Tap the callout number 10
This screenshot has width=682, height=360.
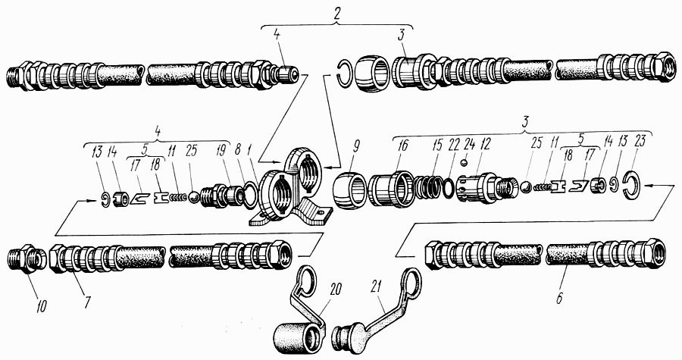coord(42,306)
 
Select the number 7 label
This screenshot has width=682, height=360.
coord(88,302)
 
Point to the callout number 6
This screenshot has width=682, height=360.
coord(560,299)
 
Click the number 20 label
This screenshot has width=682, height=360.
coord(336,290)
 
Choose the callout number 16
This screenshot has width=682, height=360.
coord(403,146)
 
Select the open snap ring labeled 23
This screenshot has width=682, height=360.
coord(630,186)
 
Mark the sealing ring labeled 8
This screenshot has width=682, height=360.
coord(249,195)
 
